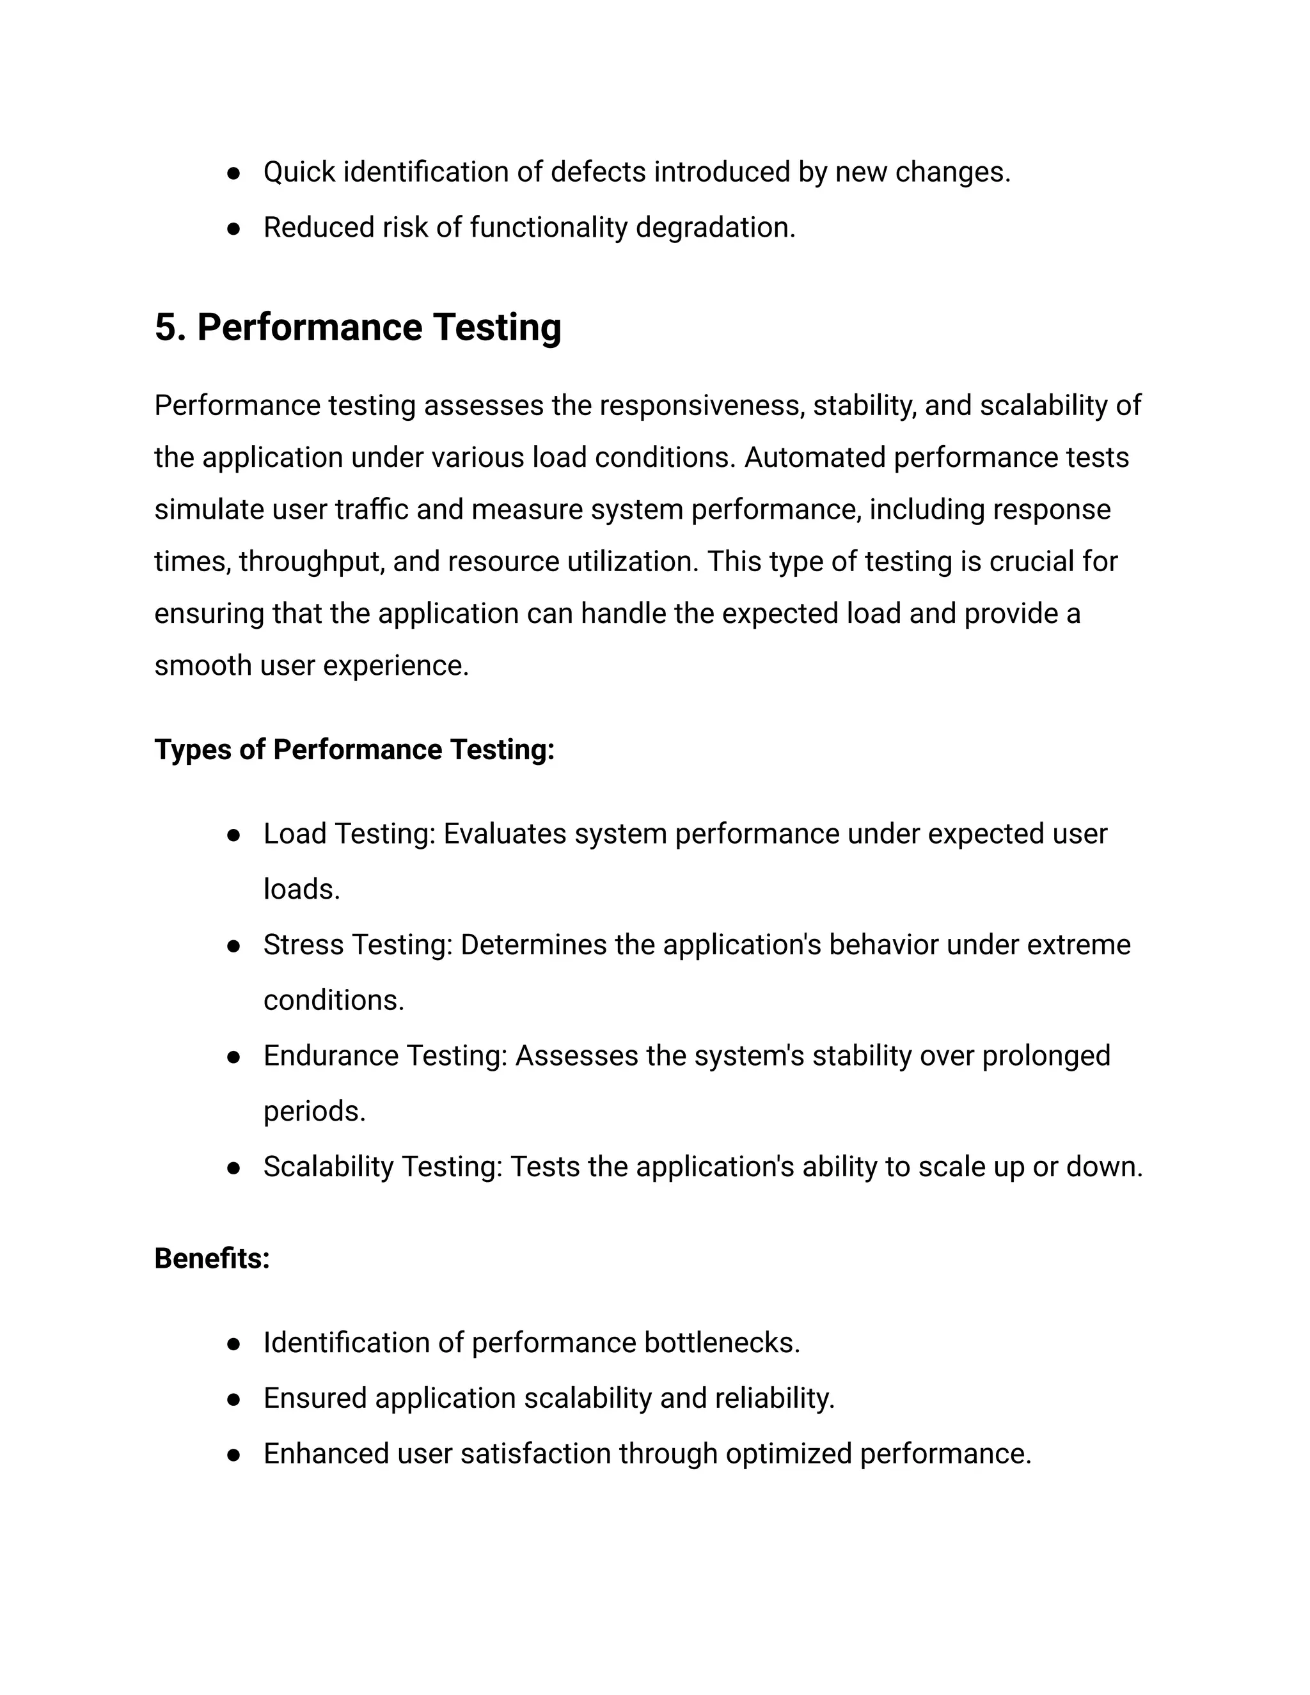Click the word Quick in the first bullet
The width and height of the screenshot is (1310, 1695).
pos(299,172)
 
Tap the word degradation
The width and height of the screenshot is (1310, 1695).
pos(714,228)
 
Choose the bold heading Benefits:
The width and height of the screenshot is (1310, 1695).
pos(212,1259)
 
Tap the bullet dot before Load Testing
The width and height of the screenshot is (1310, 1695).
pos(233,835)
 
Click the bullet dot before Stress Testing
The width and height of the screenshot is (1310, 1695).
pos(233,946)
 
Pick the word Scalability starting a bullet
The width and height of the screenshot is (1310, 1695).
pos(328,1167)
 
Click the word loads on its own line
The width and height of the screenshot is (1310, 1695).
pos(301,890)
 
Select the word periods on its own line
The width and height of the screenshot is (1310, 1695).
pos(313,1112)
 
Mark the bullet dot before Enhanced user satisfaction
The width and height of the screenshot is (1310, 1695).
pos(233,1455)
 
